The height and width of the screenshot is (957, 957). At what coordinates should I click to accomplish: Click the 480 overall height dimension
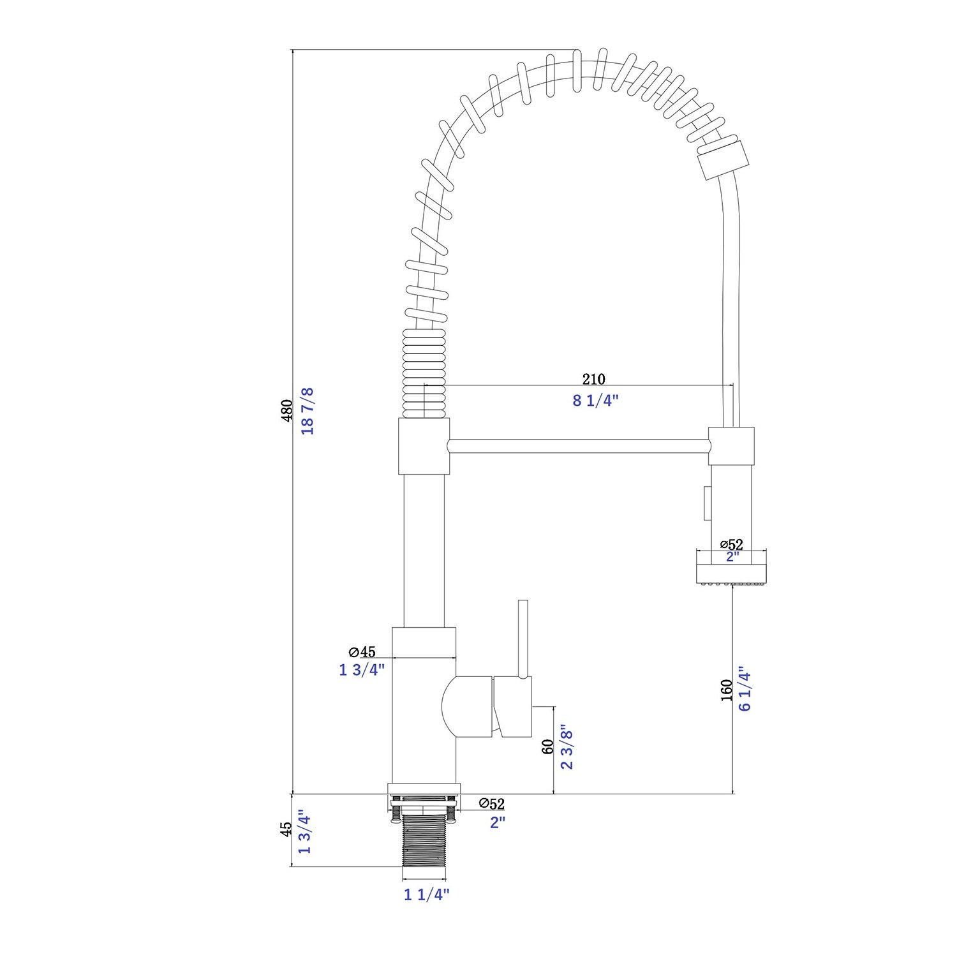click(x=287, y=411)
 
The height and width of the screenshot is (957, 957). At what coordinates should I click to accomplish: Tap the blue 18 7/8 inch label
click(x=308, y=411)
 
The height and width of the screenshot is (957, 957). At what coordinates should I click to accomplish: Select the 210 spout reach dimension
click(x=593, y=379)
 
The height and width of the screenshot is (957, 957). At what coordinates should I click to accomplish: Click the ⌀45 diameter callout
click(x=362, y=651)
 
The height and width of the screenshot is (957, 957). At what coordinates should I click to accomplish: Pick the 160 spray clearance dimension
click(x=726, y=690)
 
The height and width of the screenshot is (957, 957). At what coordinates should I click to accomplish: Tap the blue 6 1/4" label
click(x=745, y=689)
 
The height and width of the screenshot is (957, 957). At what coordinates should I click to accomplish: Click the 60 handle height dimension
click(x=547, y=747)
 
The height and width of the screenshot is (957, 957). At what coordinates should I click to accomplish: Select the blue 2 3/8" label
click(x=567, y=747)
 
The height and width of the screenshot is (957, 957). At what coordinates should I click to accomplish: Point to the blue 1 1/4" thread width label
click(x=427, y=894)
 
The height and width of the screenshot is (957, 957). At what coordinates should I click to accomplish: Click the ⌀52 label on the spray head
click(x=732, y=544)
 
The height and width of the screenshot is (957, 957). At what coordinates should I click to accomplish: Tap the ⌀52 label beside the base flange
click(x=491, y=803)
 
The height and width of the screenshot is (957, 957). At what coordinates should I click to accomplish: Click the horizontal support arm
click(x=578, y=445)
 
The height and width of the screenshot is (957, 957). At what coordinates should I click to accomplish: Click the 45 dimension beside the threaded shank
click(x=287, y=829)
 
